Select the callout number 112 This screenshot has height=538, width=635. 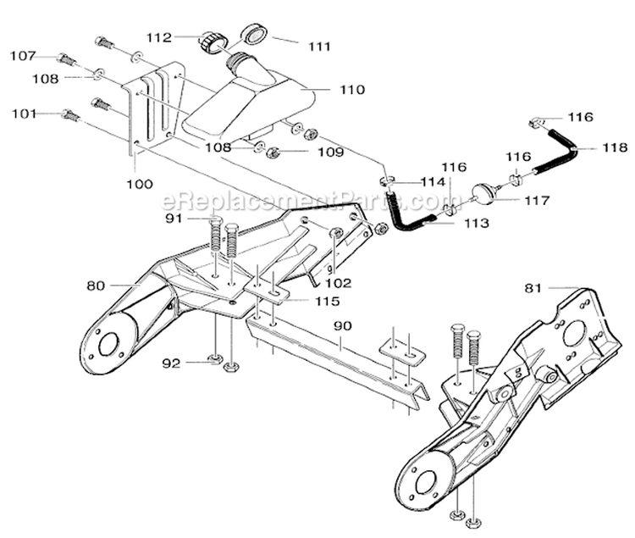coord(158,37)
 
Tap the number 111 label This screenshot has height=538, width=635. coord(318,47)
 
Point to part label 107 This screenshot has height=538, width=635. coord(23,56)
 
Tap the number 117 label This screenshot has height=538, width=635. coord(536,201)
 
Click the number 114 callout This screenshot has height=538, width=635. coord(433,182)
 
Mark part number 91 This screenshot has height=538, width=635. coord(174,218)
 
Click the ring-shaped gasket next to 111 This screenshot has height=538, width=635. coord(254,35)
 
